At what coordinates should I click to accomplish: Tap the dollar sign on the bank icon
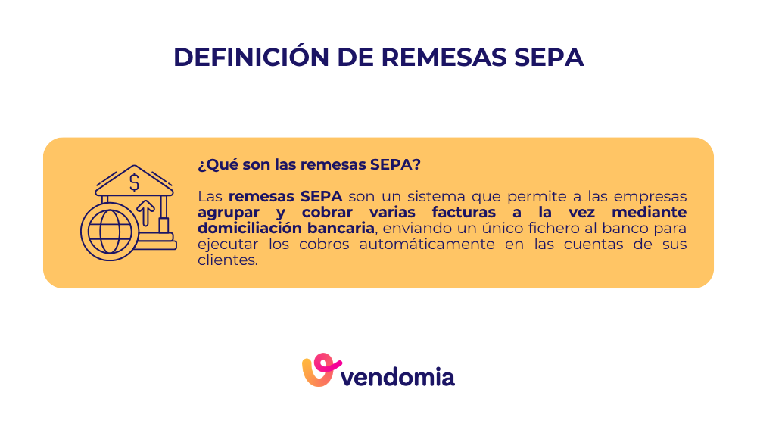click(134, 182)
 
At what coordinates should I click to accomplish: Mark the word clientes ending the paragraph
click(226, 260)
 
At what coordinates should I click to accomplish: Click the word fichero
click(527, 228)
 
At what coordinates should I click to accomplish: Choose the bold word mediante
click(649, 212)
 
